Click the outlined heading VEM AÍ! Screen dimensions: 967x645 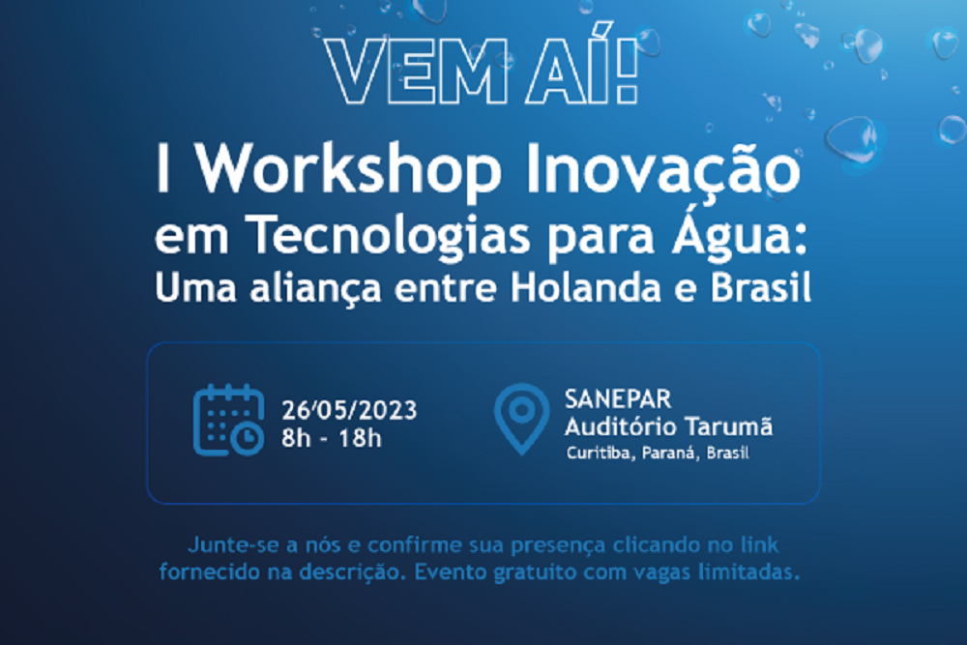click(482, 65)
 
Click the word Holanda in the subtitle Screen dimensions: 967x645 click(586, 288)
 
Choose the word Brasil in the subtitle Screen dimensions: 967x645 click(761, 288)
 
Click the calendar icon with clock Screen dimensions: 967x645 click(229, 421)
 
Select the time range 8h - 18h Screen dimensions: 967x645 click(332, 438)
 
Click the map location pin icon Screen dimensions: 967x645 click(522, 419)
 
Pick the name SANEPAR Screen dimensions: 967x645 click(618, 399)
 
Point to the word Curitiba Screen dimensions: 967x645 click(601, 454)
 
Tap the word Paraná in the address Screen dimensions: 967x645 click(670, 454)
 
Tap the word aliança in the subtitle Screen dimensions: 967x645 click(315, 289)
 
